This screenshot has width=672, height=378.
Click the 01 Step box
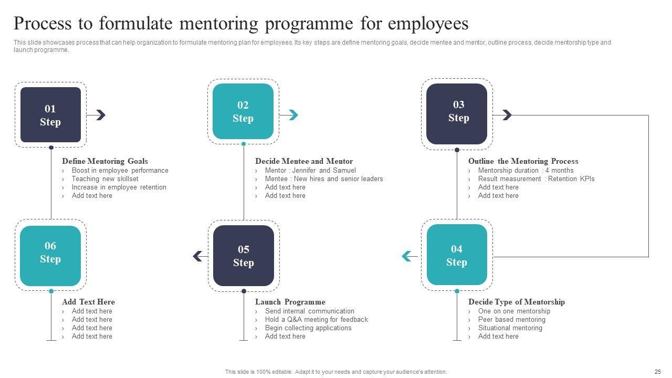coord(50,115)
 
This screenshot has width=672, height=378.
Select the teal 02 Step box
coord(243,111)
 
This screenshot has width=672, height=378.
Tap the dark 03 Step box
coord(457,113)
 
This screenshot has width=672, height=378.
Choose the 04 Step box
coord(457,255)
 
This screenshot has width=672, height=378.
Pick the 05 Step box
coord(244,256)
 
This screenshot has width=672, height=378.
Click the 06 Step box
coord(50,256)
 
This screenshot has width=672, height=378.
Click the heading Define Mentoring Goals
coord(105,161)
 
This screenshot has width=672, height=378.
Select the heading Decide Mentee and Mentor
coord(304,161)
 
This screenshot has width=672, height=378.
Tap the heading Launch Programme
coord(290,302)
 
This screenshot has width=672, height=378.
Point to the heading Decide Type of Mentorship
coord(517,302)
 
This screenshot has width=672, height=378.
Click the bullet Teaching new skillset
coord(105,179)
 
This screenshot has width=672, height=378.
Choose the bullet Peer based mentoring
coord(511,320)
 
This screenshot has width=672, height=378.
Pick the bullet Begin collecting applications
coord(308,328)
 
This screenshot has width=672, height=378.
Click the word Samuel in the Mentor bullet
coord(344,171)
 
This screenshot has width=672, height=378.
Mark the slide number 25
coord(658,372)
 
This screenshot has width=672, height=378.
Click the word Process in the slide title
coord(52,24)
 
